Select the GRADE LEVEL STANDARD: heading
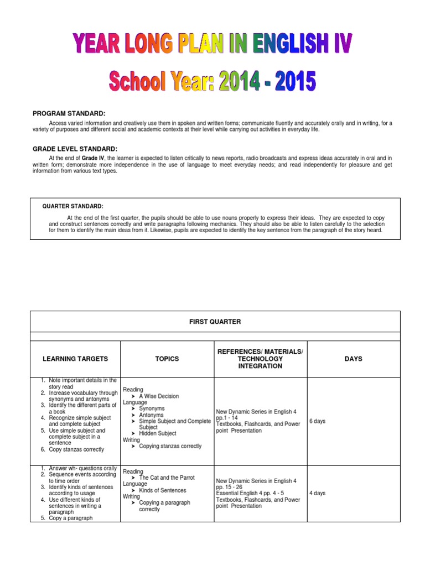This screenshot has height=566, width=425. pyautogui.click(x=75, y=149)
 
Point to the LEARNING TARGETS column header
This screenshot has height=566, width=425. pyautogui.click(x=75, y=359)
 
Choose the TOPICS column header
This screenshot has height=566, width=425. pyautogui.click(x=167, y=359)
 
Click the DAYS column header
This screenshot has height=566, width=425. pyautogui.click(x=353, y=359)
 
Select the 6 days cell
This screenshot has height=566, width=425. pyautogui.click(x=317, y=421)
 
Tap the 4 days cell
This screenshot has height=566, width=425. pyautogui.click(x=317, y=493)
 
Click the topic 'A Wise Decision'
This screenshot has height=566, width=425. pyautogui.click(x=159, y=396)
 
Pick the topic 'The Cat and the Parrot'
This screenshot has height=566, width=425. pyautogui.click(x=167, y=478)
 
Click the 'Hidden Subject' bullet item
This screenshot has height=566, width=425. pyautogui.click(x=158, y=433)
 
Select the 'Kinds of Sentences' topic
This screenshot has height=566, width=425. pyautogui.click(x=163, y=490)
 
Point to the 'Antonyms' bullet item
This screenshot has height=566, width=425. pyautogui.click(x=151, y=415)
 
